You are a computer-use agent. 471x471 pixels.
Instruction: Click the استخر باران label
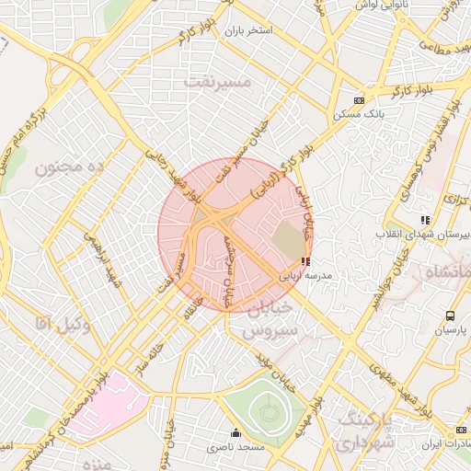click(248, 30)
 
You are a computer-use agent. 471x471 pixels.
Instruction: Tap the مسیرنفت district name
click(218, 81)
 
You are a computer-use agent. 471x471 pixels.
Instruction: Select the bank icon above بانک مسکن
click(359, 100)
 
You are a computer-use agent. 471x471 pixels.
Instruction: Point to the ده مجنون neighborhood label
click(73, 167)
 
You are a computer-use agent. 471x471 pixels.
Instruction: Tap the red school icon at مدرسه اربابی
click(305, 261)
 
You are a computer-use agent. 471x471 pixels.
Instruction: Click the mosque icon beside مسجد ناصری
click(235, 433)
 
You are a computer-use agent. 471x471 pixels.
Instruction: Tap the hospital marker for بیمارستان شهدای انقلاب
click(425, 220)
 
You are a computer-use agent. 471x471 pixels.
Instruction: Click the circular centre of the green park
click(269, 412)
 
